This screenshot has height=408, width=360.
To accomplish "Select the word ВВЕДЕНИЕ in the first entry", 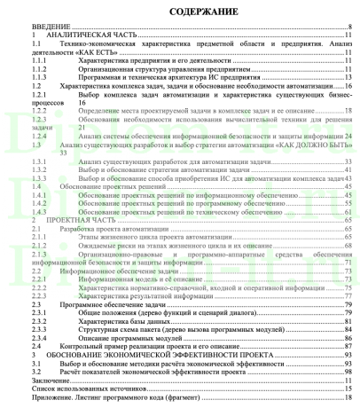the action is [24, 28].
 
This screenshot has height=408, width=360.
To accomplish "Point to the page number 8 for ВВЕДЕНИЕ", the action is [352, 28].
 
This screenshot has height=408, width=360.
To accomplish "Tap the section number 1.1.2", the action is [16, 66].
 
